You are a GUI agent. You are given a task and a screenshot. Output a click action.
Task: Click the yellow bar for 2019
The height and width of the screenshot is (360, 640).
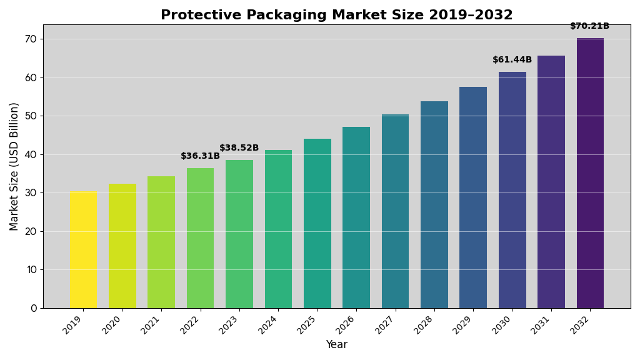pyautogui.click(x=83, y=250)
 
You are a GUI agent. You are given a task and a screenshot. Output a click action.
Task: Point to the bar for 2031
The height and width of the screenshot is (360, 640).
pyautogui.click(x=551, y=182)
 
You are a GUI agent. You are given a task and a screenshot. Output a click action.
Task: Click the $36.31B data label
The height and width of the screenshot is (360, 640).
pyautogui.click(x=200, y=156)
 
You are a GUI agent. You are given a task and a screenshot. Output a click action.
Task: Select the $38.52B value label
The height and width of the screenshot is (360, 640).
pyautogui.click(x=239, y=148)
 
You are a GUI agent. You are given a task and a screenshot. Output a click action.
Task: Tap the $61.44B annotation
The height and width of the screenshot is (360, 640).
pyautogui.click(x=512, y=60)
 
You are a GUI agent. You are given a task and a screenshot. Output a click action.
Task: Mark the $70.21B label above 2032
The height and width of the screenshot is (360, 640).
pyautogui.click(x=589, y=26)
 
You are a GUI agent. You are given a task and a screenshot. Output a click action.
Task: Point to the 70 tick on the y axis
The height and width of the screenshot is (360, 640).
pyautogui.click(x=31, y=39)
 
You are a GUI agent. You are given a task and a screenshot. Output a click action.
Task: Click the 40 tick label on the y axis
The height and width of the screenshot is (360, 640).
pyautogui.click(x=31, y=154)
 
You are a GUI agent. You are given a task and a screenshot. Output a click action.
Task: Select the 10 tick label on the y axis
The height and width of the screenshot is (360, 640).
pyautogui.click(x=31, y=270)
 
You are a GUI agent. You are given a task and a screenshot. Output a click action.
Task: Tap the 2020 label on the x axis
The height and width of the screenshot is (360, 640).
pyautogui.click(x=112, y=324)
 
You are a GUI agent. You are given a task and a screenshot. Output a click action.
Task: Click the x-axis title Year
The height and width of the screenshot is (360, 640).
pyautogui.click(x=336, y=345)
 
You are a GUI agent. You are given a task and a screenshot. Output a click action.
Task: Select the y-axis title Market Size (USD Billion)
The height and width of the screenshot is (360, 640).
pyautogui.click(x=14, y=166)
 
